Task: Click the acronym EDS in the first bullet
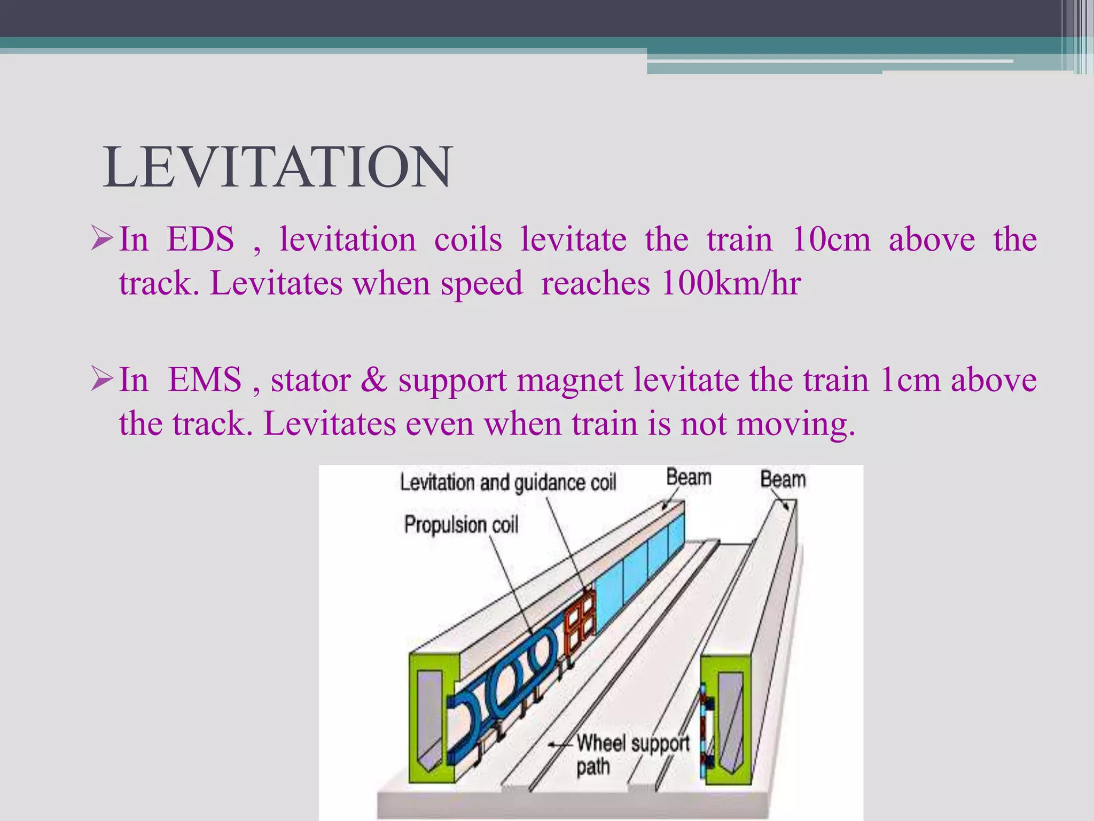pyautogui.click(x=200, y=239)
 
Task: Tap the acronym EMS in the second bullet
pyautogui.click(x=205, y=380)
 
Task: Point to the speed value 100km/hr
pyautogui.click(x=731, y=283)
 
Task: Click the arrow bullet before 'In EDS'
pyautogui.click(x=101, y=238)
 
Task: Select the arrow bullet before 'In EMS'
pyautogui.click(x=101, y=379)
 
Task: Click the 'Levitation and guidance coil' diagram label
pyautogui.click(x=508, y=483)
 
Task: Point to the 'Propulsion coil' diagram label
pyautogui.click(x=461, y=524)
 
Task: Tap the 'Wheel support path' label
pyautogui.click(x=632, y=754)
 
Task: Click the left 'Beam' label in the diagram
pyautogui.click(x=689, y=477)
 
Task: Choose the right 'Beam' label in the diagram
pyautogui.click(x=783, y=479)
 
